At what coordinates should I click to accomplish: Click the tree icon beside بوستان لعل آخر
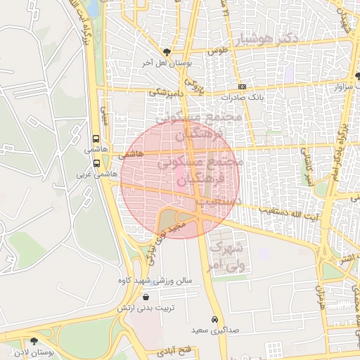click(166, 52)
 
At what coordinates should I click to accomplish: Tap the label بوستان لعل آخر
click(167, 63)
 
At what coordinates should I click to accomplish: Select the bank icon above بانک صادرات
click(243, 87)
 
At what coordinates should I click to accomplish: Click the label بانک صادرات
click(241, 98)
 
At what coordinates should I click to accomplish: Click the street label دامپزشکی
click(167, 91)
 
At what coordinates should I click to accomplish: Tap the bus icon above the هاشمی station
click(96, 139)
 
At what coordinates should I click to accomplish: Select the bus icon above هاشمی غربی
click(96, 163)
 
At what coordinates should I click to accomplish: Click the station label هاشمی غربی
click(105, 174)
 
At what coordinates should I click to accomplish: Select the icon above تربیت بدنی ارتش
click(146, 297)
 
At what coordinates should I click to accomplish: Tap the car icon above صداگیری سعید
click(214, 319)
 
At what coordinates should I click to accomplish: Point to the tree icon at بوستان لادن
click(34, 341)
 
